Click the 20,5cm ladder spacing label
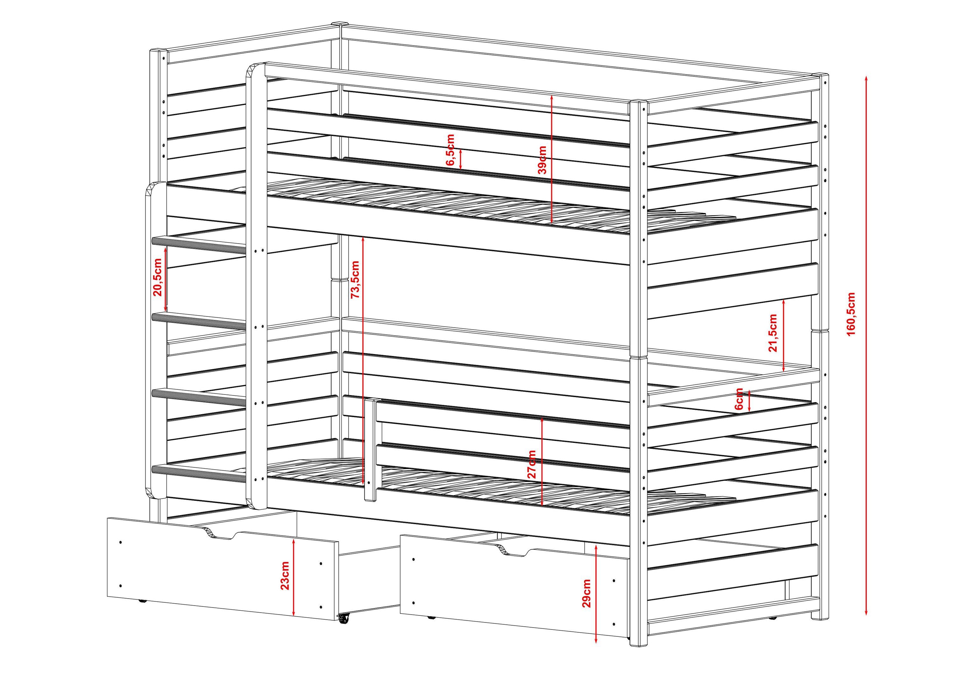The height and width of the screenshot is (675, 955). tap(158, 277)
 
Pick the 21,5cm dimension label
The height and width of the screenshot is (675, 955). tap(773, 333)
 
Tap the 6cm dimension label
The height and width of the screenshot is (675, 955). tap(739, 399)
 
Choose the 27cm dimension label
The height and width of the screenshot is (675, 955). tap(531, 464)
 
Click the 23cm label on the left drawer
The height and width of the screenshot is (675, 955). tap(285, 575)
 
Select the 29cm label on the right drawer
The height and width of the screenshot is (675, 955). tap(586, 593)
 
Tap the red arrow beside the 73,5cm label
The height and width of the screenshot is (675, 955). tap(363, 360)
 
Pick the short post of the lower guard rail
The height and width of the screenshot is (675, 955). tap(370, 450)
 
